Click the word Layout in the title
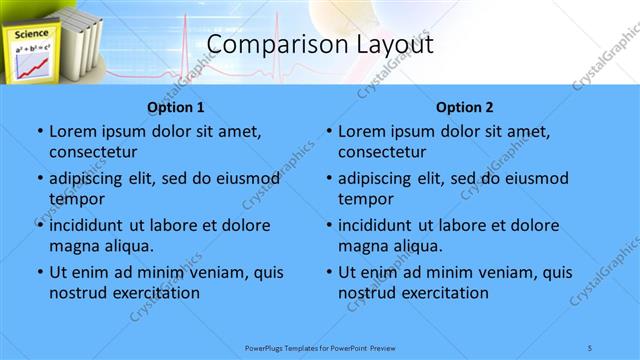click(x=389, y=45)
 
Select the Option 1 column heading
click(x=176, y=107)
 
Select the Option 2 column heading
click(x=465, y=107)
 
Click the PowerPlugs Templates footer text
click(x=319, y=347)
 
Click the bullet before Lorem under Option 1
click(x=39, y=132)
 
